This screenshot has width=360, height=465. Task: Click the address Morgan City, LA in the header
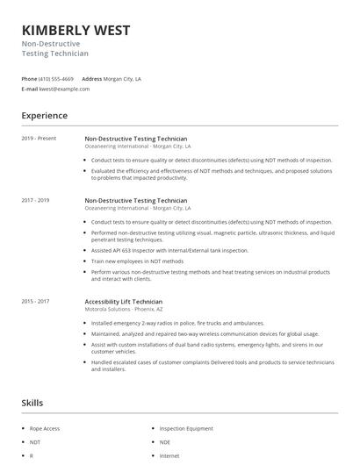(122, 79)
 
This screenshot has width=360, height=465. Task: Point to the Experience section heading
(44, 116)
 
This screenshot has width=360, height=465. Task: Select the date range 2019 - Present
(39, 139)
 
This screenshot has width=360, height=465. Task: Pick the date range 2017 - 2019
(36, 200)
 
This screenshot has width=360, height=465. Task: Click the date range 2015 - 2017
(36, 302)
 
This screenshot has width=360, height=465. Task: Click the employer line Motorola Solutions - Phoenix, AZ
(124, 310)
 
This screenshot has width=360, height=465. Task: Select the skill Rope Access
(45, 428)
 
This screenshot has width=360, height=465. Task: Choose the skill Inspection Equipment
(187, 428)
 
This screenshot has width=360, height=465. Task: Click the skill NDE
(165, 442)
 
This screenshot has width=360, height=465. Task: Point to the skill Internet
(169, 456)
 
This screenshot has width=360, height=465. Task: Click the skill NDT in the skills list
(35, 442)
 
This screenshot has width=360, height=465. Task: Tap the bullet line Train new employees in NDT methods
(138, 261)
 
